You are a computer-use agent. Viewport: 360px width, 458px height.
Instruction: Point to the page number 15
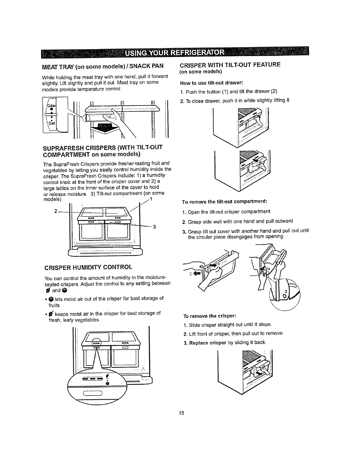click(x=181, y=413)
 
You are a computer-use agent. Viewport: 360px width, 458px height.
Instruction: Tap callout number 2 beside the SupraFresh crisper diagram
click(x=56, y=210)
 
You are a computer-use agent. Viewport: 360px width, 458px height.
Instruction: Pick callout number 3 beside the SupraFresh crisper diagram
click(x=155, y=226)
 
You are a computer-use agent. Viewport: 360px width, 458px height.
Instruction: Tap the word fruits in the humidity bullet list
click(x=54, y=305)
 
